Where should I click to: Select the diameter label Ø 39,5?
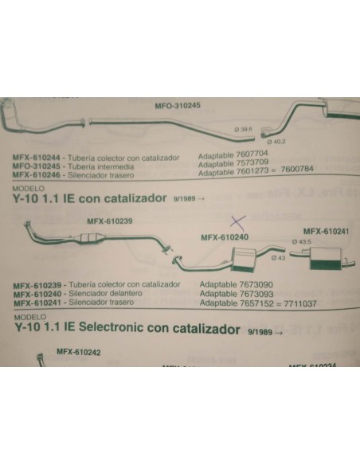(x=243, y=129)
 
